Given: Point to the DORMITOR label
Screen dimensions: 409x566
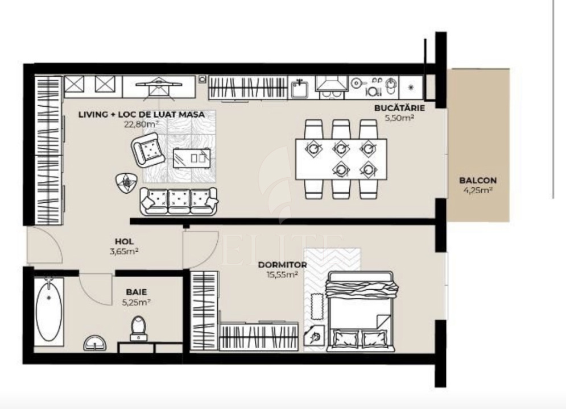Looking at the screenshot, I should coord(282,265).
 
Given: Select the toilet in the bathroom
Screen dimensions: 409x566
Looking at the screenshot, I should coord(138,328).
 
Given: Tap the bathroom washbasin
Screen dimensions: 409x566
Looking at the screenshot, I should coord(95,343).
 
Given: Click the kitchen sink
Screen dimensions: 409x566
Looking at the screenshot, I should coord(299,88).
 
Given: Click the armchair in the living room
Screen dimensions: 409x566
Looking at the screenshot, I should coord(148,149).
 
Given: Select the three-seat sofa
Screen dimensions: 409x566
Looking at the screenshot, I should coord(179,201).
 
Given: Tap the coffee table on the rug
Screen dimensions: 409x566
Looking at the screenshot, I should coord(191,156).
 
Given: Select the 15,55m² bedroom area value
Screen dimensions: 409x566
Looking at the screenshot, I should coord(282,274).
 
